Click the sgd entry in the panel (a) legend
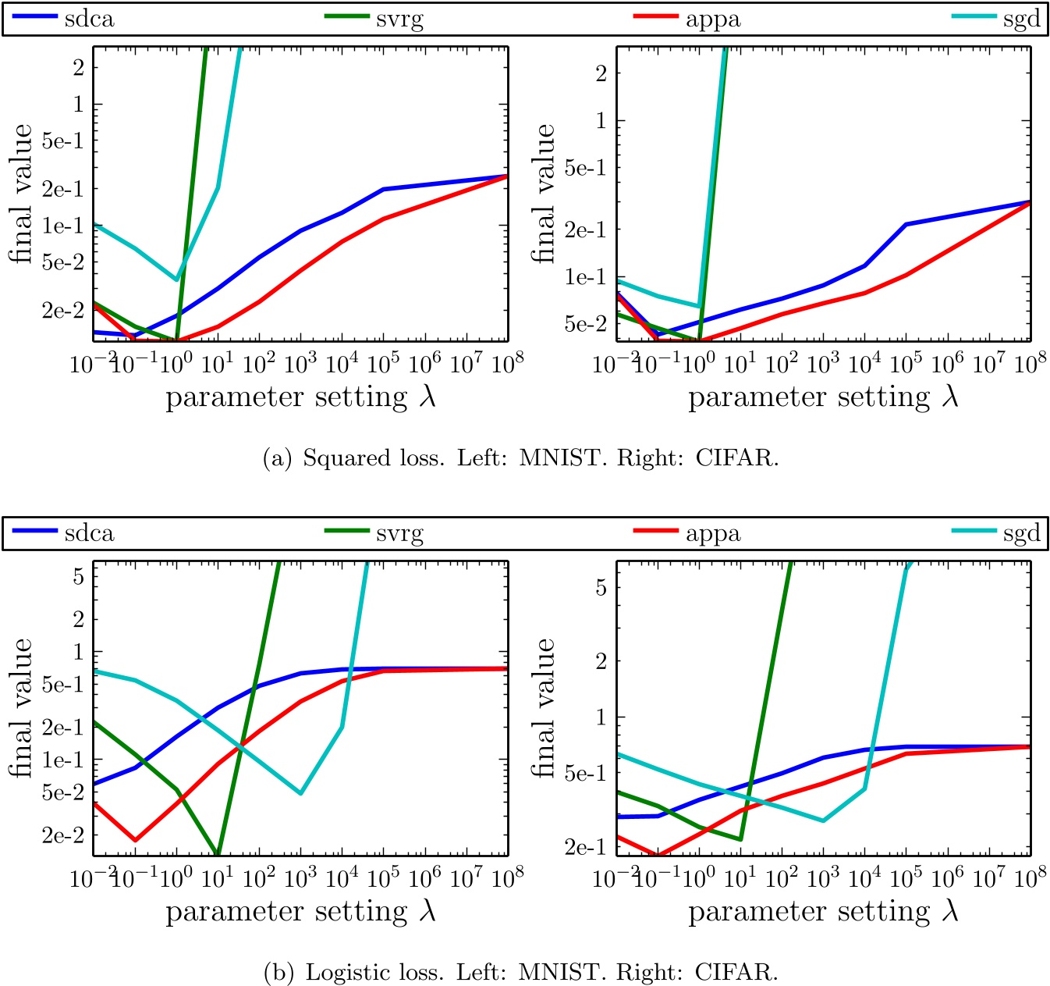pos(1021,20)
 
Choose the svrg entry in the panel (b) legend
pos(399,534)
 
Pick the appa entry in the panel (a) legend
pos(712,20)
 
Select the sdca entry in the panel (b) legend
pos(89,534)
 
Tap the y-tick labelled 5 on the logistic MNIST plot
pos(78,576)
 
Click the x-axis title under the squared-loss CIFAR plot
pos(823,397)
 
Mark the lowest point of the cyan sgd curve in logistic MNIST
pos(300,793)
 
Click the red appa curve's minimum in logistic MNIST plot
pos(135,841)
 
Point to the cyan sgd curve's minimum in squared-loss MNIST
pos(176,279)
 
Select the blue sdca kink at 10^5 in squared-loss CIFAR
pos(906,225)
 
